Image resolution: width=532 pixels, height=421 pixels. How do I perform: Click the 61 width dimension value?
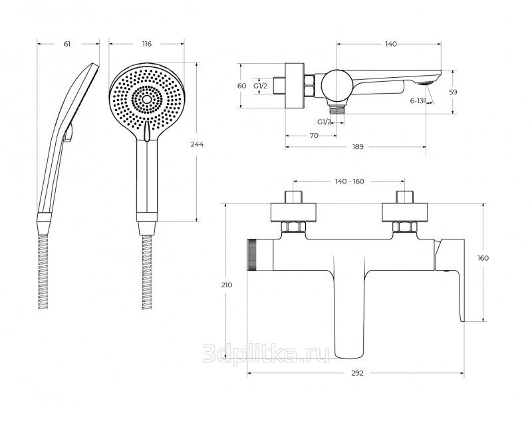[x=67, y=44]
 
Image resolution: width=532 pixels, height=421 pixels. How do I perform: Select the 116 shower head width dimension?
[x=147, y=44]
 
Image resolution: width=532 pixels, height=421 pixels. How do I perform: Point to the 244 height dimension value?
[x=197, y=144]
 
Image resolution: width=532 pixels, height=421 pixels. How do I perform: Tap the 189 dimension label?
[x=358, y=146]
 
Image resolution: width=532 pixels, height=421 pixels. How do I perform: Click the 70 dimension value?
[x=314, y=136]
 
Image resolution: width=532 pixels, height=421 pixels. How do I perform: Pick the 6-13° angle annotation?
[x=418, y=100]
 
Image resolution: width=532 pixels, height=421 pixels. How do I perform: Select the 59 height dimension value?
[x=453, y=92]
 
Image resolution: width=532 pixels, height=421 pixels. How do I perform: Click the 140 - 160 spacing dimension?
[x=350, y=182]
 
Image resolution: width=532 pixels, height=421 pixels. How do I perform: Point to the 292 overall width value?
[x=357, y=373]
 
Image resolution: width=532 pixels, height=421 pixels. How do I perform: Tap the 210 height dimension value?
[x=227, y=285]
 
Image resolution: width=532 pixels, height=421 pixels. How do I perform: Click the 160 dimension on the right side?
[x=483, y=258]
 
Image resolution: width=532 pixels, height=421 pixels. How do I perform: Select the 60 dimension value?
[x=241, y=86]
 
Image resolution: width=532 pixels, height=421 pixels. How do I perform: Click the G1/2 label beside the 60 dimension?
[x=261, y=86]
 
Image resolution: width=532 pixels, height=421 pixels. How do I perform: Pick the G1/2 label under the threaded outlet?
[x=325, y=122]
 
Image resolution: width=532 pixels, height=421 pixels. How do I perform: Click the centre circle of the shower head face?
[x=147, y=99]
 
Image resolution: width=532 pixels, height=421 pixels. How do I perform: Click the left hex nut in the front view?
[x=293, y=227]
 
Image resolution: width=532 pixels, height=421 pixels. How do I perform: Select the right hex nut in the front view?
[x=404, y=227]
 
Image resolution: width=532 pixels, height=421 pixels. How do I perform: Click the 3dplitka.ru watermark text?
[x=265, y=353]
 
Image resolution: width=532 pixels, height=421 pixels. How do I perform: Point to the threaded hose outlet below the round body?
[x=336, y=109]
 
